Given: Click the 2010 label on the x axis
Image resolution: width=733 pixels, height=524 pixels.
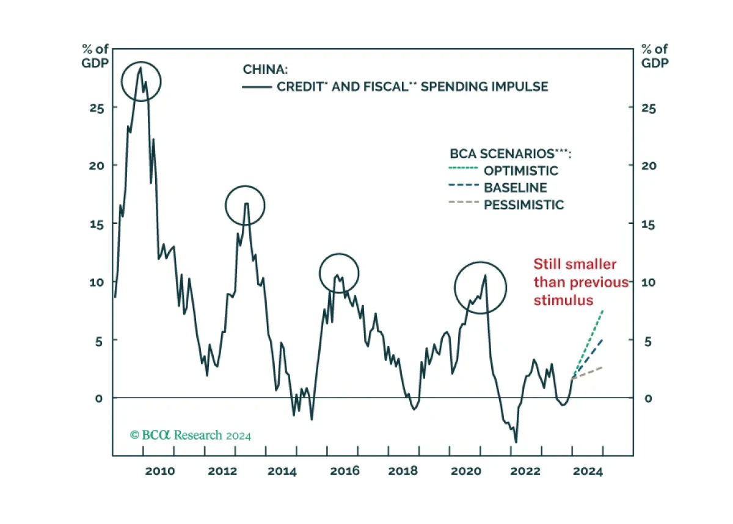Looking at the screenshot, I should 159,472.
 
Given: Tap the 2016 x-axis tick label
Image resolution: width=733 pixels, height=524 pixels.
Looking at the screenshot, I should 345,472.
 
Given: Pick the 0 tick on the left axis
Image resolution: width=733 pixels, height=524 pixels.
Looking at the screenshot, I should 97,398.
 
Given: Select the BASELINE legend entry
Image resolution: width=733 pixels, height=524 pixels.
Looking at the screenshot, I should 515,187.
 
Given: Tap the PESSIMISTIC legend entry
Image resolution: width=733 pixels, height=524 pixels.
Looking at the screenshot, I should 523,204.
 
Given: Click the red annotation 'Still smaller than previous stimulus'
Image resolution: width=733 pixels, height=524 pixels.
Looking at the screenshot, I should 580,282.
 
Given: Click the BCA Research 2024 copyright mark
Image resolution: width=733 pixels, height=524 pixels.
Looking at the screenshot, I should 191,436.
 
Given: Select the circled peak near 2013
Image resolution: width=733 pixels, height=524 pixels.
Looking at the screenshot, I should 245,206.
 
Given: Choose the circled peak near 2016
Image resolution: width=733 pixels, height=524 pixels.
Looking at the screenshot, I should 338,273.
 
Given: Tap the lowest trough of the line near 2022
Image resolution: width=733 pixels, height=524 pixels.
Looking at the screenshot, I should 516,442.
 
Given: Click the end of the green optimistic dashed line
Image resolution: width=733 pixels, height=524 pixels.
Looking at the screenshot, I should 604,310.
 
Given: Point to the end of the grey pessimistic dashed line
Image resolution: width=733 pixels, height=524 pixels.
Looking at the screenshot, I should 604,367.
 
